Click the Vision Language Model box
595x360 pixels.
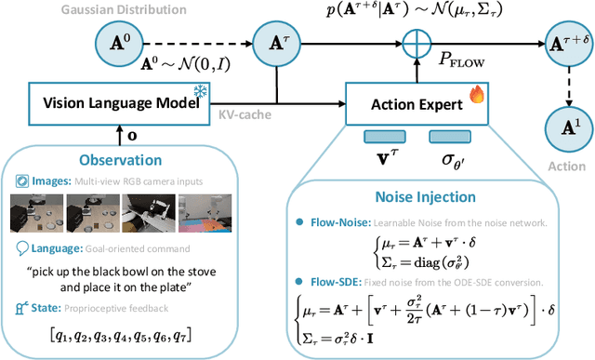click(115, 102)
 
